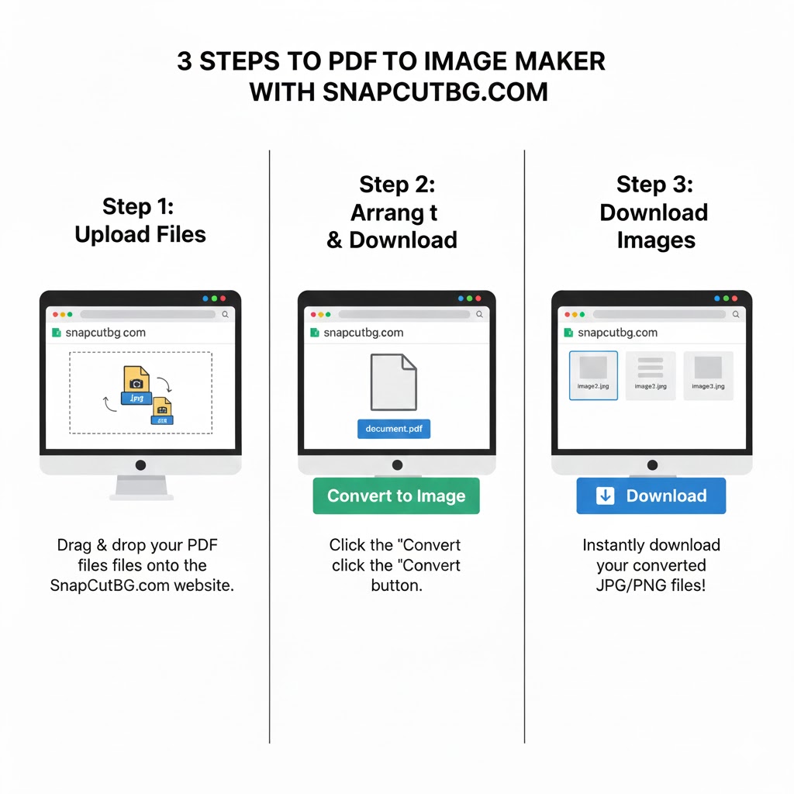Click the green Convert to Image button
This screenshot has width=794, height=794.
(396, 496)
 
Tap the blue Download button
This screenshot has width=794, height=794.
(651, 496)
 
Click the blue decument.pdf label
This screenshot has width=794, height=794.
(394, 429)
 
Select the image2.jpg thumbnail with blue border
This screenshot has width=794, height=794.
(593, 375)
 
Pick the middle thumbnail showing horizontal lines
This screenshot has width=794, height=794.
(650, 375)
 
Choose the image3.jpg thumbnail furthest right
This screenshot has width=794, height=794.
(708, 375)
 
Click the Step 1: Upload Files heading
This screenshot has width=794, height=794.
(140, 220)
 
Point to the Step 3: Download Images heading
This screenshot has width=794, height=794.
(654, 212)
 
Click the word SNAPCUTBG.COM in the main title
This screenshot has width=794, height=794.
(434, 91)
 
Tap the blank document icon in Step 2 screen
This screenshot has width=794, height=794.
(393, 382)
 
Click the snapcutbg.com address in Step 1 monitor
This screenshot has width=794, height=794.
(105, 333)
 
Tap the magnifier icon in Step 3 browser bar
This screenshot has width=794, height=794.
(736, 315)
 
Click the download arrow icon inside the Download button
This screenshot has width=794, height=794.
(605, 496)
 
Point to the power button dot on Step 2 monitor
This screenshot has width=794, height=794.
(397, 465)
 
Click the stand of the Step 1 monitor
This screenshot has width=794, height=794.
(140, 487)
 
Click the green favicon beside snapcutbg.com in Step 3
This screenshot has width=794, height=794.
(568, 333)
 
